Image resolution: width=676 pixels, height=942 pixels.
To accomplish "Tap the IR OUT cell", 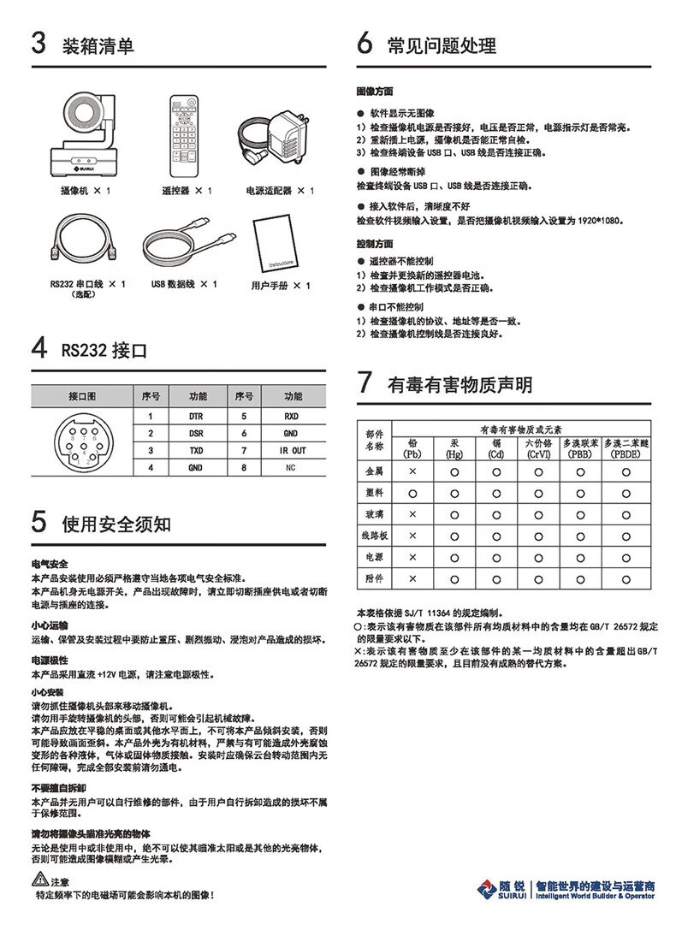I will click(x=293, y=450).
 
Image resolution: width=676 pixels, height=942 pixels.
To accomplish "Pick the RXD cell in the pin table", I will click(x=293, y=416).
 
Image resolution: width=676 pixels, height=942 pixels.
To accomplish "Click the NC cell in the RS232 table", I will click(x=293, y=468).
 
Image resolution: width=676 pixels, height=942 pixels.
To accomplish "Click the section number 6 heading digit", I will click(x=365, y=44).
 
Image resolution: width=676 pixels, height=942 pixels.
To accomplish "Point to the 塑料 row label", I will click(x=374, y=493).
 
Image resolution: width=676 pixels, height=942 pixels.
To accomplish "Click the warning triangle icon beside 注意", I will click(x=39, y=880).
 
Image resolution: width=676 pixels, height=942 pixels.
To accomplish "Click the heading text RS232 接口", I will click(x=104, y=350).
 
